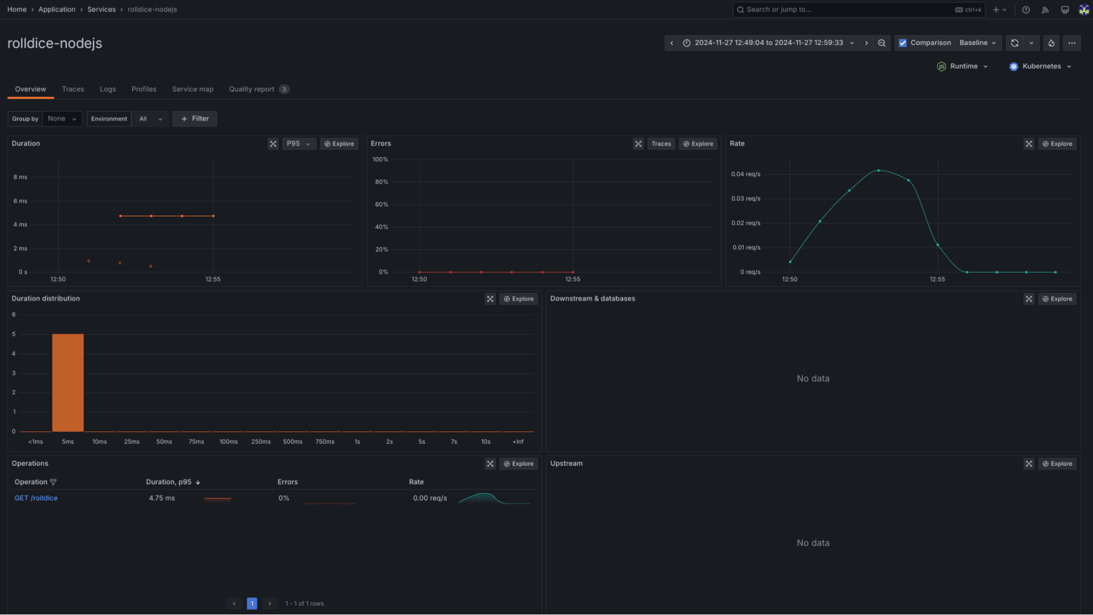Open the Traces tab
73,89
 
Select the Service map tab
192,89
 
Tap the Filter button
195,119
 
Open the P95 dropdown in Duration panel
299,144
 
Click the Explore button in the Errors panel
698,144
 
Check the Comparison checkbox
903,43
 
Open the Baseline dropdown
978,43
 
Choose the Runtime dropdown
963,66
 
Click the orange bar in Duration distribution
68,382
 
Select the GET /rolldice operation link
36,498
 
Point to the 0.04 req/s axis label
745,174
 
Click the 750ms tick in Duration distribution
325,442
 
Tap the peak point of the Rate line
879,171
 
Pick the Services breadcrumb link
101,9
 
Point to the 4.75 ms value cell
162,498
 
